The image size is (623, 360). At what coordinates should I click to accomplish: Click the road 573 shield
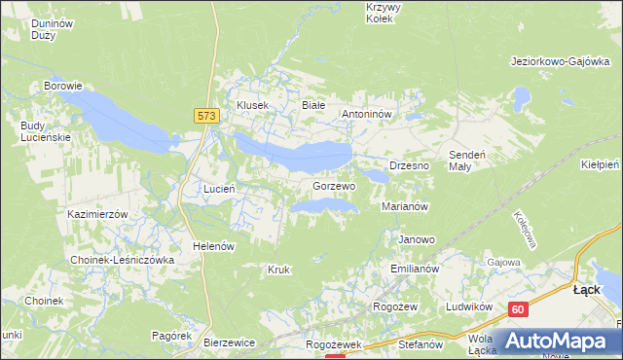205,116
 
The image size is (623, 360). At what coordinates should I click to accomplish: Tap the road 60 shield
517,309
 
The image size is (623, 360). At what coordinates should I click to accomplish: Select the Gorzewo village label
334,185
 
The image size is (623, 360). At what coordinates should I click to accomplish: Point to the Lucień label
218,188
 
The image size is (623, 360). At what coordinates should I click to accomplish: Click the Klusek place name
252,105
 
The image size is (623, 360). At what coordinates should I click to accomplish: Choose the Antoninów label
366,114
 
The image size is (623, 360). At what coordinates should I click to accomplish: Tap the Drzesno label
409,165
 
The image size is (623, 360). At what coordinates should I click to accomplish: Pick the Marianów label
406,206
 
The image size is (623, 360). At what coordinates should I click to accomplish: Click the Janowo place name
417,239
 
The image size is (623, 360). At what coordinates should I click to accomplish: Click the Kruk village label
278,269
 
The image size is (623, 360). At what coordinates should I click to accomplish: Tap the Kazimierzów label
98,213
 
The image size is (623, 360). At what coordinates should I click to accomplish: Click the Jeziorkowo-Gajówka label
560,60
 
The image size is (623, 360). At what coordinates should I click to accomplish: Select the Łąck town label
587,290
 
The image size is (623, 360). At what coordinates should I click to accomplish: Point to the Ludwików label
465,306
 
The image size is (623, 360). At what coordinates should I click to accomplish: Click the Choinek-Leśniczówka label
122,260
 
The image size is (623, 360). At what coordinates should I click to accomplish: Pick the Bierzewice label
229,342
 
